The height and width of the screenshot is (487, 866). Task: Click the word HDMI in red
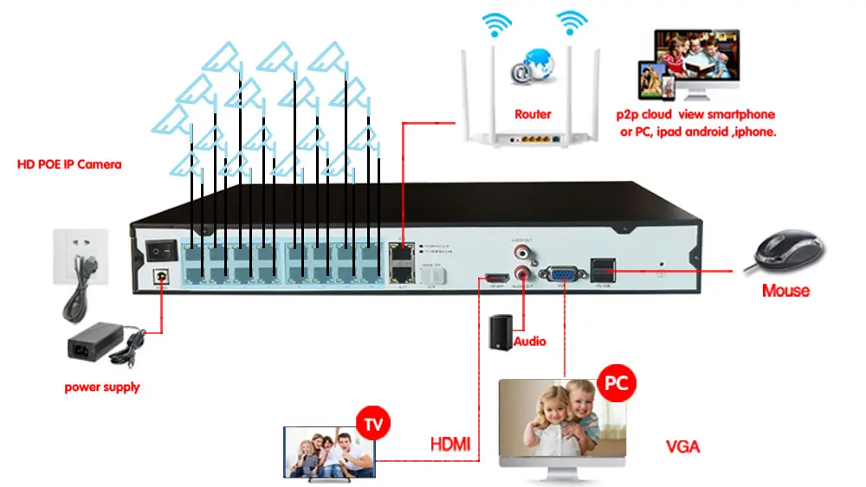point(450,445)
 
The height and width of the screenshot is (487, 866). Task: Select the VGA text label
point(682,447)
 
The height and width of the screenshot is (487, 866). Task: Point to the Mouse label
point(785,291)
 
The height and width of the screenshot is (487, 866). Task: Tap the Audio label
point(530,342)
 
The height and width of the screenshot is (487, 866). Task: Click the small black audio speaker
point(501,333)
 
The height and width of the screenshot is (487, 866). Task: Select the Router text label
point(533,114)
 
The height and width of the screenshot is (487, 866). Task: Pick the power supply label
point(102,388)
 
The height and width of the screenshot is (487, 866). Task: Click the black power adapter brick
point(95,348)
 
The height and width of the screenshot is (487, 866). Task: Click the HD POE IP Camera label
point(69,163)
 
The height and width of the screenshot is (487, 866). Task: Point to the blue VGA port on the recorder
point(565,269)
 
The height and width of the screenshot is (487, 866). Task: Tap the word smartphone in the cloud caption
point(741,114)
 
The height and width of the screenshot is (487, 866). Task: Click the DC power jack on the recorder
point(160,277)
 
